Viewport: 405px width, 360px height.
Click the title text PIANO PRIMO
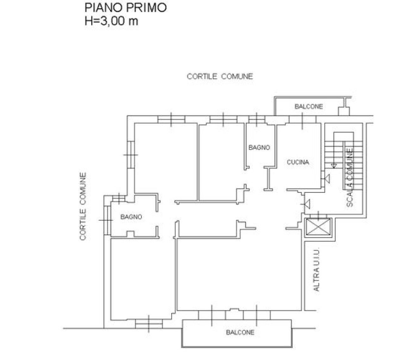pyautogui.click(x=125, y=8)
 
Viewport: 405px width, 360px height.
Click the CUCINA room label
pyautogui.click(x=298, y=162)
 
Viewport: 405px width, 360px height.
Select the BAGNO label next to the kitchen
pyautogui.click(x=259, y=148)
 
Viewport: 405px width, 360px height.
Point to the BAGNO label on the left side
pyautogui.click(x=131, y=217)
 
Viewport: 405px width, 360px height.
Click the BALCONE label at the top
pyautogui.click(x=308, y=107)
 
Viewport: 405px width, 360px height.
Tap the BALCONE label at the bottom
pyautogui.click(x=240, y=333)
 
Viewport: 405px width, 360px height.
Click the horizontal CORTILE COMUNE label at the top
pyautogui.click(x=220, y=76)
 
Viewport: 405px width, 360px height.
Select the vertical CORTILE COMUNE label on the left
pyautogui.click(x=83, y=206)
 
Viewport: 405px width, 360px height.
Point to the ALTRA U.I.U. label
pyautogui.click(x=316, y=269)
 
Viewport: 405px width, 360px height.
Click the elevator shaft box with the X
pyautogui.click(x=319, y=227)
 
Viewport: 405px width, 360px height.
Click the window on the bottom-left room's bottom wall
pyautogui.click(x=149, y=323)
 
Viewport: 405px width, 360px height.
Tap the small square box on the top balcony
pyautogui.click(x=343, y=111)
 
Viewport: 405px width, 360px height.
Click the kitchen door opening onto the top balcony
pyautogui.click(x=302, y=119)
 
